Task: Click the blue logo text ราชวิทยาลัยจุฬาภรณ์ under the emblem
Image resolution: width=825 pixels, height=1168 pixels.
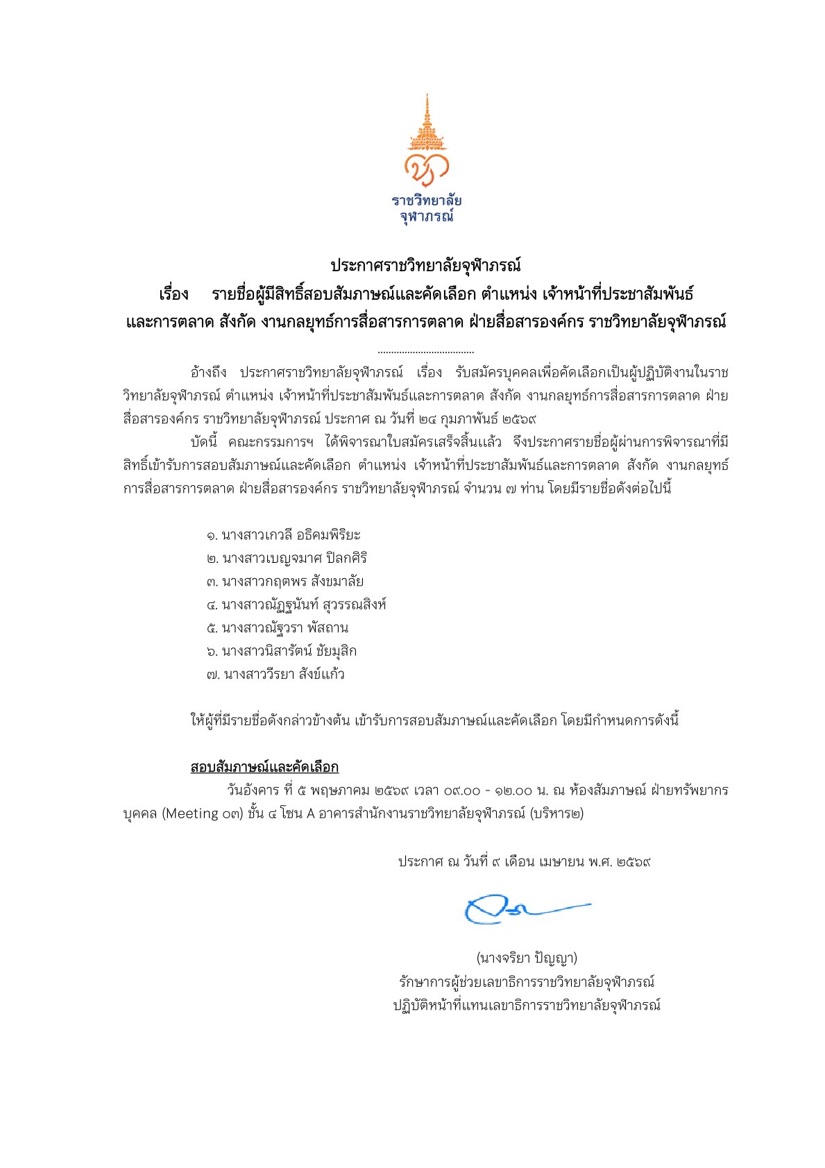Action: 426,208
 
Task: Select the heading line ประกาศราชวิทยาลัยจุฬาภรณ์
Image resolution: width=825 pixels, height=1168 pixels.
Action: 425,265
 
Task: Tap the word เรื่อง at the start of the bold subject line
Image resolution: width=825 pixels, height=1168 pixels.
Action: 173,294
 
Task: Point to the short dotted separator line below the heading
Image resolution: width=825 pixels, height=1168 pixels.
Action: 426,353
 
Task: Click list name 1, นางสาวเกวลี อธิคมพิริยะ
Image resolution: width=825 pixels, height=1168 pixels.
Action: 284,535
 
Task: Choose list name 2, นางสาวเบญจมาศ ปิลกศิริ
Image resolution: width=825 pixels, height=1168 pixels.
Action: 287,558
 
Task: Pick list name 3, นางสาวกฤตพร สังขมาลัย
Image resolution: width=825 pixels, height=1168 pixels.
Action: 284,582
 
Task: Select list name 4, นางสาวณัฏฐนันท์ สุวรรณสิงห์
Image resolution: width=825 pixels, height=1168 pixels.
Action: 296,604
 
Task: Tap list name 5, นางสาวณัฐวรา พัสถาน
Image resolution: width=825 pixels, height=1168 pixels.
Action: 278,628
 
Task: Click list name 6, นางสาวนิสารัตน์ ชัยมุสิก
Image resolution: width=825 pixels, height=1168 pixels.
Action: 282,651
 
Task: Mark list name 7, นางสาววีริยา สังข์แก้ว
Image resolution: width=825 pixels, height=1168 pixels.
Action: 275,675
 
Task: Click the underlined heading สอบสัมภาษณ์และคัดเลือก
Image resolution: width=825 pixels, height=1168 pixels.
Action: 264,767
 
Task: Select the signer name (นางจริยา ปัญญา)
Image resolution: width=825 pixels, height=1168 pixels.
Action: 527,958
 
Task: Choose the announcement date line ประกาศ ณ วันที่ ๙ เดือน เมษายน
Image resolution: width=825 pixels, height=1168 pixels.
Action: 524,862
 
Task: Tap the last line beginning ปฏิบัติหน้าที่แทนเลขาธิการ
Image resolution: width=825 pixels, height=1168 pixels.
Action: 527,1005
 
